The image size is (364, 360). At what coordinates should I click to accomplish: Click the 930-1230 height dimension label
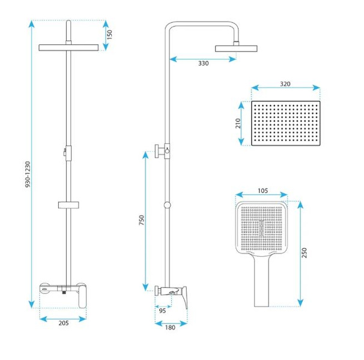28,174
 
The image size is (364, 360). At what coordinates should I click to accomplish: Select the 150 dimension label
109,35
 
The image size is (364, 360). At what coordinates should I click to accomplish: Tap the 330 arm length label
204,64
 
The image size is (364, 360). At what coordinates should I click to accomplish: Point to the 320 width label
285,84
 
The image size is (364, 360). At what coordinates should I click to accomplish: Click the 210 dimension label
238,123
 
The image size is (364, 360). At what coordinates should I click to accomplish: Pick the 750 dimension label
141,220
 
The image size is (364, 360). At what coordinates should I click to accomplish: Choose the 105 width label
262,191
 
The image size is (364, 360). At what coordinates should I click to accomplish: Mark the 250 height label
305,253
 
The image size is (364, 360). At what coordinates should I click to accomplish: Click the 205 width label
64,323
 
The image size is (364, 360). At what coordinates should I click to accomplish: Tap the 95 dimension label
163,310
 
